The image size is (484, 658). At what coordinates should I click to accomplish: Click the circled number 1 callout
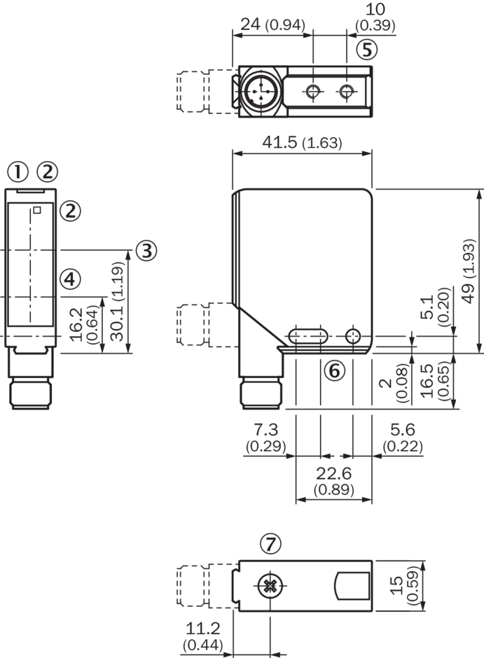pos(18,171)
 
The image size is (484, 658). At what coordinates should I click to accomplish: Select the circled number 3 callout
pos(145,251)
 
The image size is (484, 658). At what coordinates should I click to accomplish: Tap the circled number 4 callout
pos(69,279)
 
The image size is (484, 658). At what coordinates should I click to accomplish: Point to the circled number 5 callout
pos(366,49)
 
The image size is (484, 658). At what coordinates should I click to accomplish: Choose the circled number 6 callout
pos(334,370)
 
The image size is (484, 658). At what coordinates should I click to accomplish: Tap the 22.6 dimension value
pos(333,472)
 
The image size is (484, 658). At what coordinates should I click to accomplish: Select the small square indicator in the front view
pos(38,210)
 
